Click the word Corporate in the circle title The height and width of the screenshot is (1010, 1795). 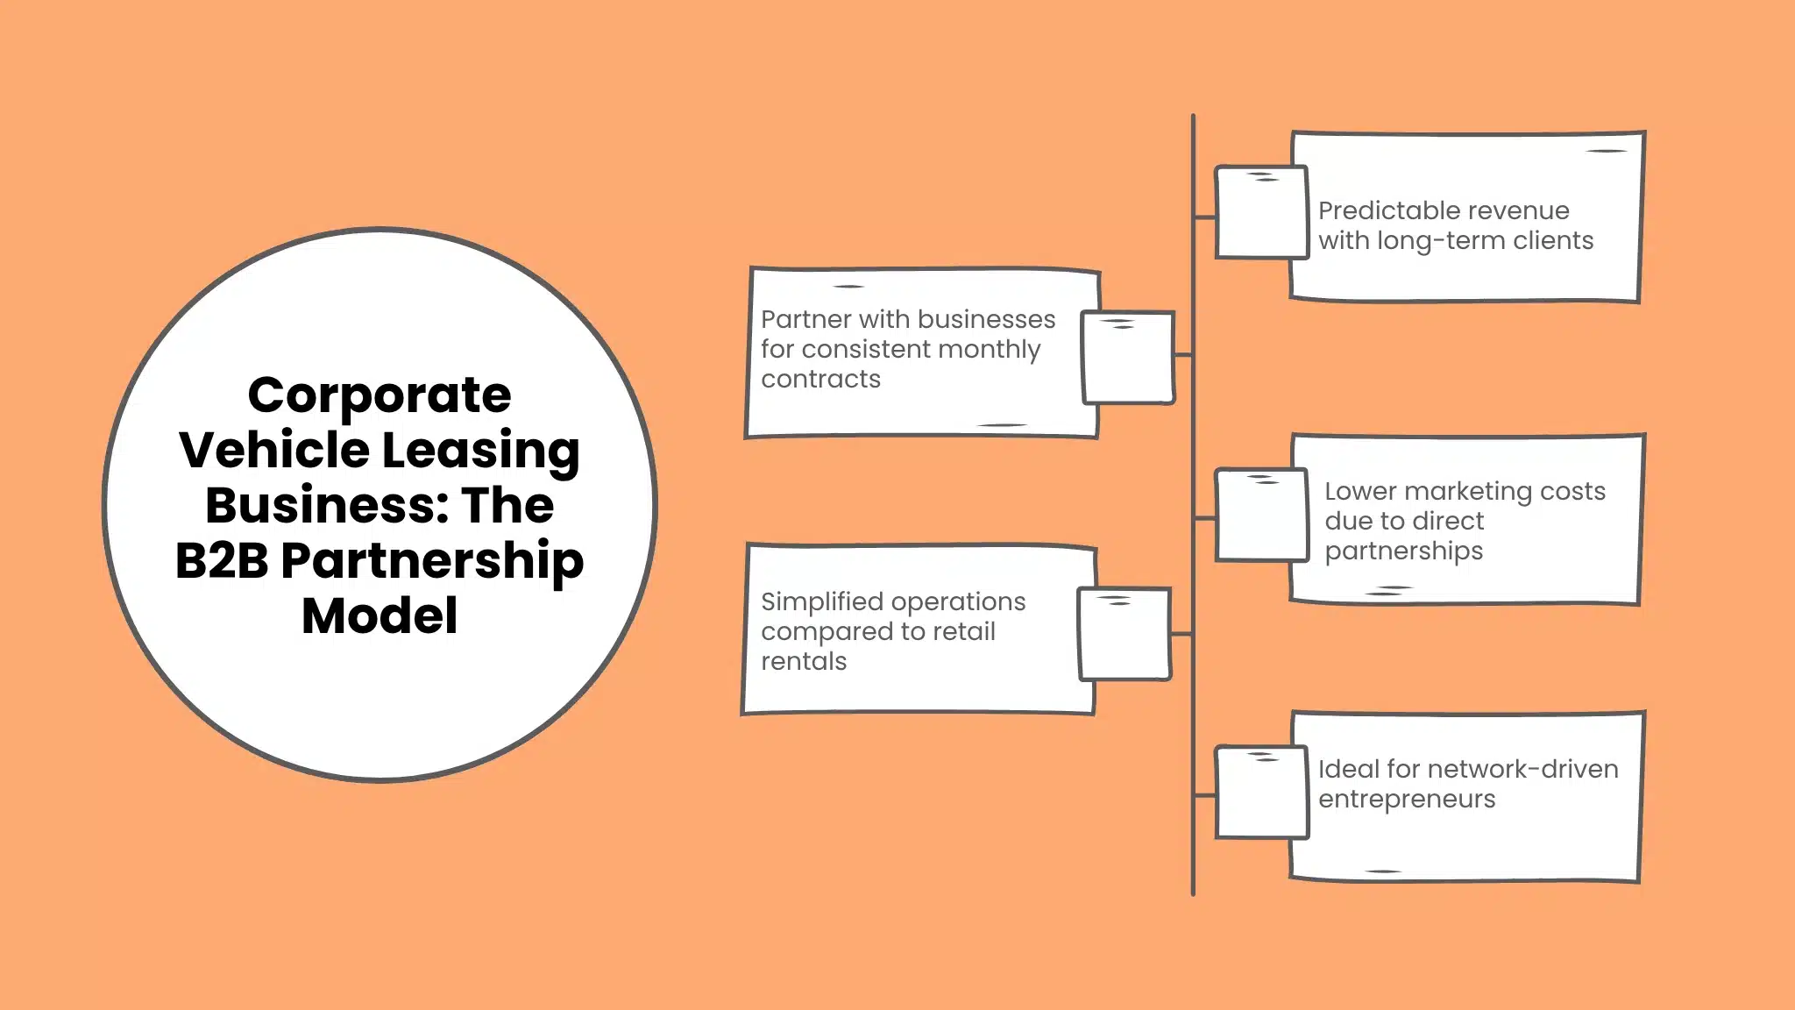click(379, 395)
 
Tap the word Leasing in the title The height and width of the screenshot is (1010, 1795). click(480, 451)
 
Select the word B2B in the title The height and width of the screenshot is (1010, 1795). click(221, 561)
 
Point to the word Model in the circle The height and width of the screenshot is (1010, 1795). click(379, 615)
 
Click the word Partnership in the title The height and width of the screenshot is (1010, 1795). click(432, 561)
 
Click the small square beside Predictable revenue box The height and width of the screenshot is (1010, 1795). click(1260, 213)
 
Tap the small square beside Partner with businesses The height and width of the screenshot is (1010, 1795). click(1127, 358)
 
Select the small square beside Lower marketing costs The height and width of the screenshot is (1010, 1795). click(1260, 516)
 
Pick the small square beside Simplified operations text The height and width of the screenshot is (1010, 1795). click(1125, 634)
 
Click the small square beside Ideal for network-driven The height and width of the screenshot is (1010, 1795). click(1260, 793)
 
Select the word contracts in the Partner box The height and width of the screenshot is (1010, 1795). click(820, 380)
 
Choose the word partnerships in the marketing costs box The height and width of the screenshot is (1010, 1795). click(1403, 551)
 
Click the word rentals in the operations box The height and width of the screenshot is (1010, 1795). click(803, 662)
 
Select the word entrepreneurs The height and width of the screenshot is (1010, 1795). click(1406, 800)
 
